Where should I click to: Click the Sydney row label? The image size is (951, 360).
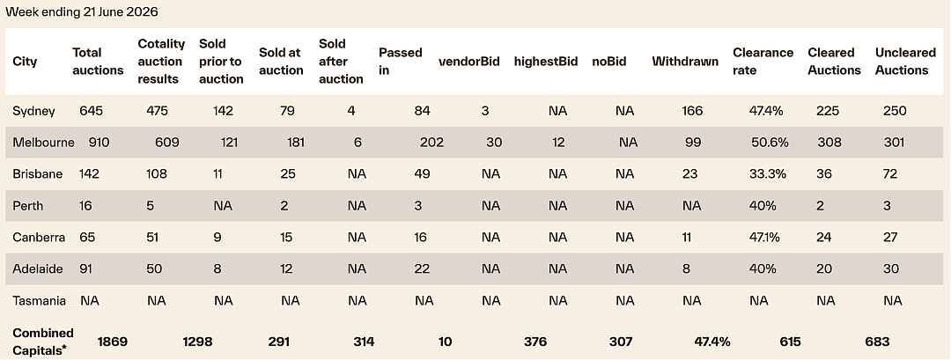coord(34,111)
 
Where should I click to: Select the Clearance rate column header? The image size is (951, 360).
coord(763,62)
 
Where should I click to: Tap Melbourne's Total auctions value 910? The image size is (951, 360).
coord(100,143)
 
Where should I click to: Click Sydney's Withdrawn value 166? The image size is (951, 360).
coord(692,111)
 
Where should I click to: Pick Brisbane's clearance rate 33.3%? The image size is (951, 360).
coord(768,174)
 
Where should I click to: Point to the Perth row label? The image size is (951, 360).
coord(28,205)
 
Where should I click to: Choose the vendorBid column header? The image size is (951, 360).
coord(469,62)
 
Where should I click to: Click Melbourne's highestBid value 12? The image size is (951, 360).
coord(558,143)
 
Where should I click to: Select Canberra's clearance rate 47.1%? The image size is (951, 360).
coord(765,237)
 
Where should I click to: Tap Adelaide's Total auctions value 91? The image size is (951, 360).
coord(85,268)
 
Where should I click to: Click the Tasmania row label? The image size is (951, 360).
coord(40,300)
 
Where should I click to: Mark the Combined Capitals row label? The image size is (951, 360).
coord(43,342)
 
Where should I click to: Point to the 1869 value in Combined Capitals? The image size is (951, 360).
coord(112,342)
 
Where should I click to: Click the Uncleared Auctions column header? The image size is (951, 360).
coord(905,62)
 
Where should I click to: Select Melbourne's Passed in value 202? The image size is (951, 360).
coord(431,143)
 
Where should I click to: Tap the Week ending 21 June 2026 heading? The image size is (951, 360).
coord(82,11)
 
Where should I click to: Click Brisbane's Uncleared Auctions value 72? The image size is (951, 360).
coord(890,174)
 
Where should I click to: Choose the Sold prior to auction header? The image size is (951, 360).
coord(221,62)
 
